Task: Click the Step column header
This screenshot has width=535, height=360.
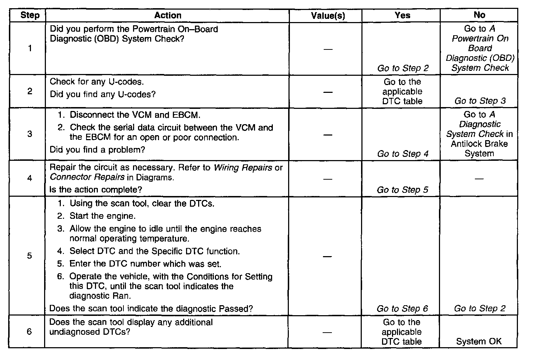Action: (x=30, y=15)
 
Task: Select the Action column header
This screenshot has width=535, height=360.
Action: (x=168, y=15)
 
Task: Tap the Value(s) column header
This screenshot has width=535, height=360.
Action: (x=328, y=16)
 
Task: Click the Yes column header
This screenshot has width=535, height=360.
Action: (x=402, y=15)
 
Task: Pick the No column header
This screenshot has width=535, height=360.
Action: (x=479, y=15)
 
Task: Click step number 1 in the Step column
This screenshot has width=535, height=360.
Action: (x=30, y=48)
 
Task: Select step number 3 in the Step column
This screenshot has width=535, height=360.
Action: (x=30, y=134)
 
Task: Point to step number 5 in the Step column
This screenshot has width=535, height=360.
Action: (x=30, y=256)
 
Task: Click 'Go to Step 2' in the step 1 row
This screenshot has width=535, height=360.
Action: (x=403, y=68)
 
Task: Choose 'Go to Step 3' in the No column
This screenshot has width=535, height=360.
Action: (x=480, y=101)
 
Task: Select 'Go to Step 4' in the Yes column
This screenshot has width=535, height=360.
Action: (x=403, y=154)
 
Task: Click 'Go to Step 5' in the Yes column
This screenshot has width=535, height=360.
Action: (x=402, y=190)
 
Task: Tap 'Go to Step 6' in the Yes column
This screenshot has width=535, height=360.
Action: (x=402, y=309)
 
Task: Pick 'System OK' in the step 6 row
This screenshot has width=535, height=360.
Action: (x=478, y=342)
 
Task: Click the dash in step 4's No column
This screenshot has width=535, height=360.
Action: (x=479, y=178)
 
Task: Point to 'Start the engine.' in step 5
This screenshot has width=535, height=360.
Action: (x=102, y=216)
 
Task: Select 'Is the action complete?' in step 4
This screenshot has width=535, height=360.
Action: (x=95, y=190)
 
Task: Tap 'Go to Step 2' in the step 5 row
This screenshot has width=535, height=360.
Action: (x=480, y=309)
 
